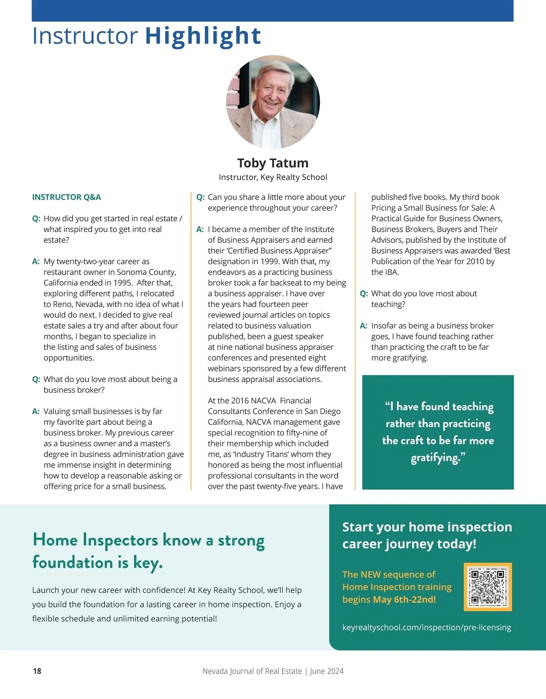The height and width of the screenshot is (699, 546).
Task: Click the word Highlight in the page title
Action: pyautogui.click(x=203, y=36)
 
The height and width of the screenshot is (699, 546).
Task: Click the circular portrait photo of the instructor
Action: pyautogui.click(x=273, y=102)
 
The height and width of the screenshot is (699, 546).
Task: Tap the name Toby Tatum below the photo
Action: pyautogui.click(x=273, y=163)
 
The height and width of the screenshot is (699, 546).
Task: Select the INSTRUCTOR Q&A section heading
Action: pyautogui.click(x=66, y=197)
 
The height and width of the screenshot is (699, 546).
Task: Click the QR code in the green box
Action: pyautogui.click(x=487, y=587)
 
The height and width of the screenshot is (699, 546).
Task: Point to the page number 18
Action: pyautogui.click(x=37, y=671)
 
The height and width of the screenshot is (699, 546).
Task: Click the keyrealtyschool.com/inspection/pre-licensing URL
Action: pyautogui.click(x=426, y=628)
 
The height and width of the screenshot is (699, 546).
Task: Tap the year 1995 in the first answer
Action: pyautogui.click(x=123, y=283)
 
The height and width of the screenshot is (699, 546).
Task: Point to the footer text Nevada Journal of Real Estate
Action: pyautogui.click(x=252, y=671)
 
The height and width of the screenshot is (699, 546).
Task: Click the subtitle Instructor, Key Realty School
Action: pyautogui.click(x=273, y=177)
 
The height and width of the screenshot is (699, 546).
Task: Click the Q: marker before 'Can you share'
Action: pyautogui.click(x=200, y=197)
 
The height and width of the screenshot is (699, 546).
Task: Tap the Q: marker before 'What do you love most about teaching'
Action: pyautogui.click(x=364, y=294)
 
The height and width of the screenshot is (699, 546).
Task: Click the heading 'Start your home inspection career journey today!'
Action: pyautogui.click(x=427, y=536)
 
